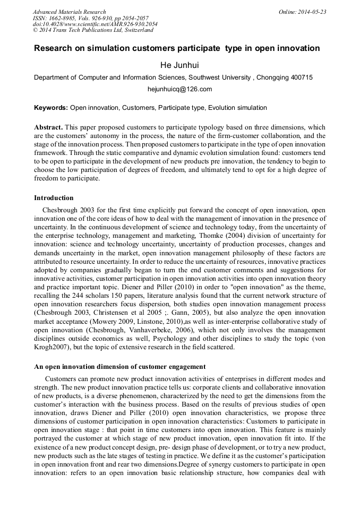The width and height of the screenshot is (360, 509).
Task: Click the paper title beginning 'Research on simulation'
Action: [177, 48]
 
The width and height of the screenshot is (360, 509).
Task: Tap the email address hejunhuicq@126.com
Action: [179, 89]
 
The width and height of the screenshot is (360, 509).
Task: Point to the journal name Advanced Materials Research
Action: [69, 12]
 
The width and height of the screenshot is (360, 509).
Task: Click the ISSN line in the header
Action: [90, 18]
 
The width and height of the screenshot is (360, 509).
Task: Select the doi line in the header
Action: [95, 24]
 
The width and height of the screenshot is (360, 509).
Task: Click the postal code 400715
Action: [301, 77]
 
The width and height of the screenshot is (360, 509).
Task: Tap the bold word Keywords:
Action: [51, 108]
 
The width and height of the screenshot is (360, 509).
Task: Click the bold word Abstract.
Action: [48, 128]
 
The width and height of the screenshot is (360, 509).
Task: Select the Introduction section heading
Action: [54, 198]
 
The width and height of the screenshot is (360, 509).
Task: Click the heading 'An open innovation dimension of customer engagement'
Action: [119, 367]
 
